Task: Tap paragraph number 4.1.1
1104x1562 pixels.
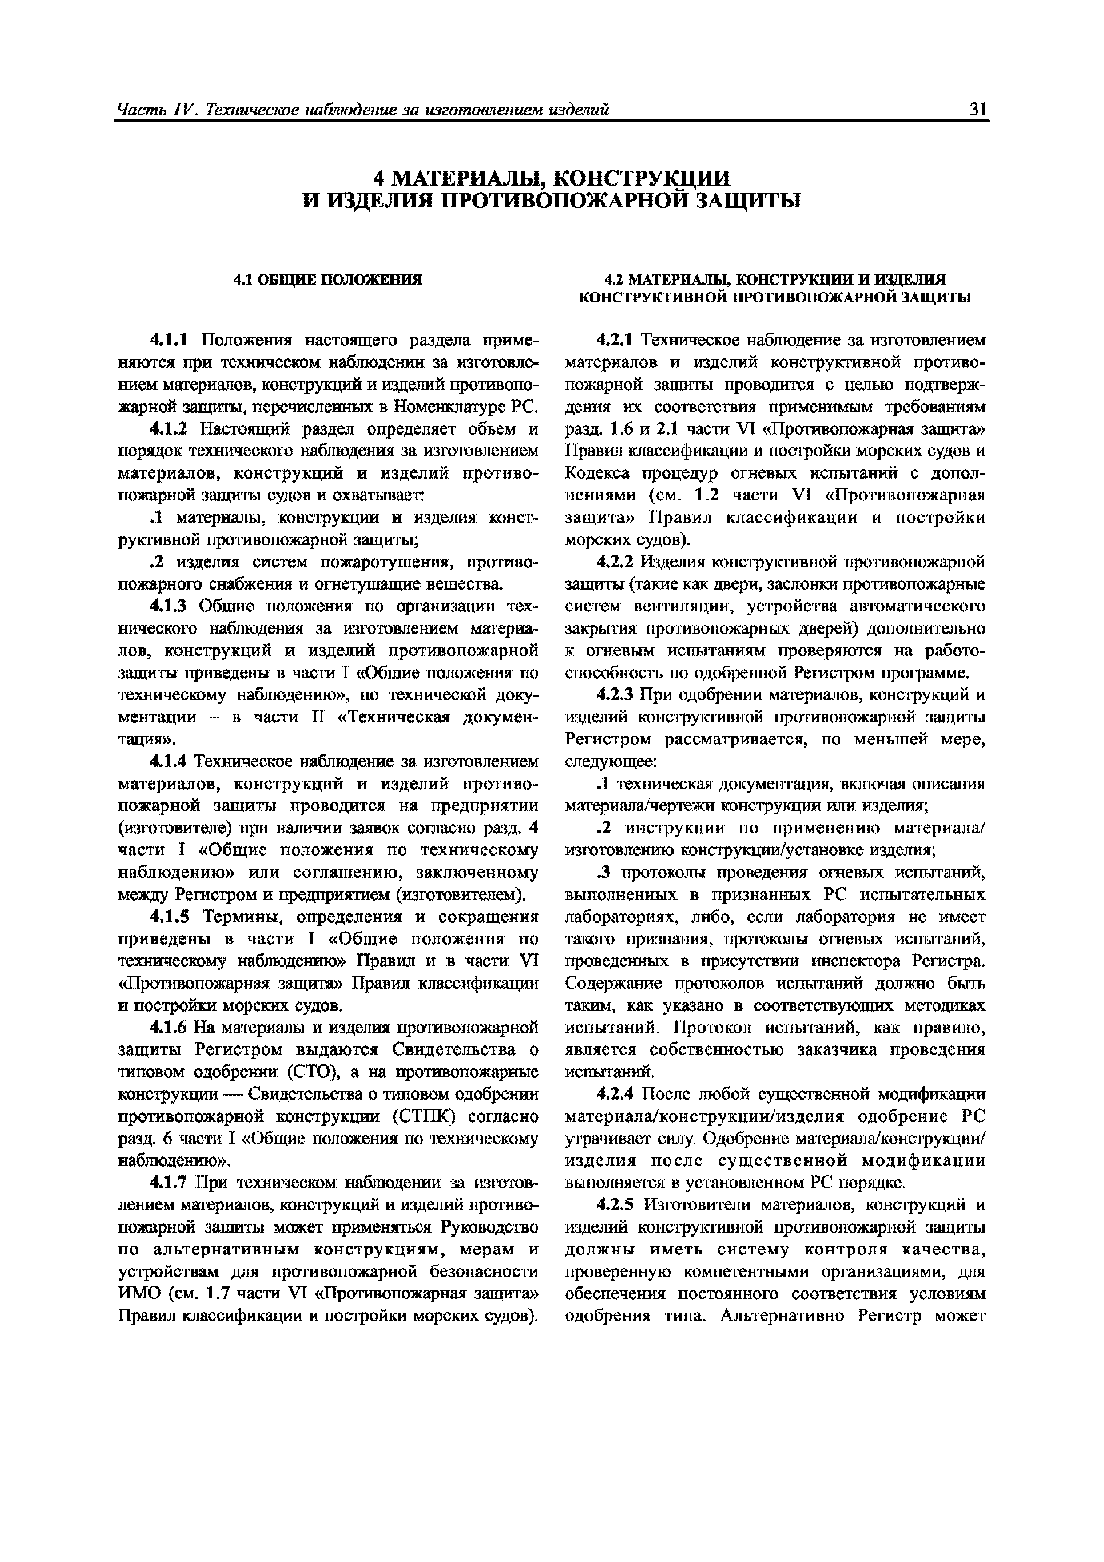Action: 172,339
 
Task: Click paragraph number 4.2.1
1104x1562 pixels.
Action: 615,339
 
